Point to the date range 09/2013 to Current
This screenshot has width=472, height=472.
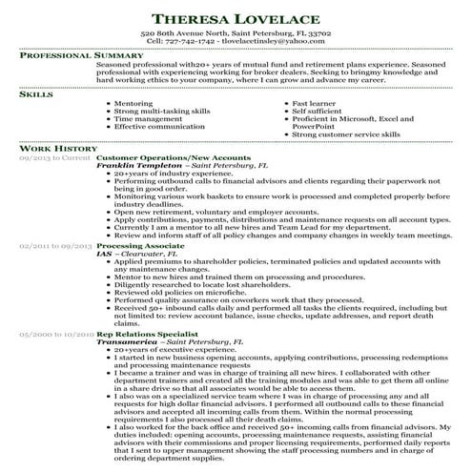(56, 157)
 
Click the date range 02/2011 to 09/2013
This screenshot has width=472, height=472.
(56, 246)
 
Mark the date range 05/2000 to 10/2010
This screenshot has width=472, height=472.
(56, 335)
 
